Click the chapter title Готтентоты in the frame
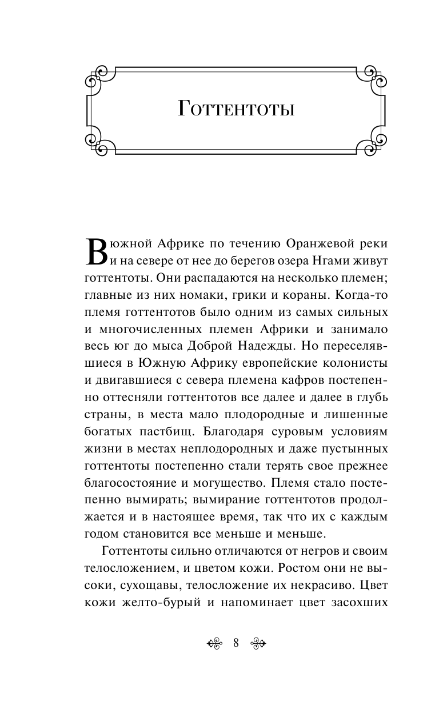(x=236, y=109)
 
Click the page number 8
(x=236, y=643)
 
